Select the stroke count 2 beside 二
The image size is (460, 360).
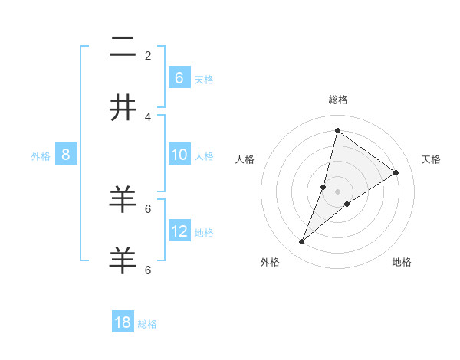point(148,55)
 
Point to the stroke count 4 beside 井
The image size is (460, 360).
point(148,116)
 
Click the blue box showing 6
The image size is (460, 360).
point(179,77)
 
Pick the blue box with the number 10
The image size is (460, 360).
point(179,155)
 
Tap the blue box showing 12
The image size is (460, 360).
point(179,231)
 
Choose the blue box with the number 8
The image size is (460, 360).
point(66,155)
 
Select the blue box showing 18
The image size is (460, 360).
point(123,322)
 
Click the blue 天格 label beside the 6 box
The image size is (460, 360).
point(204,79)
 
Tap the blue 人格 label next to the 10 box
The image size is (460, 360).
point(204,156)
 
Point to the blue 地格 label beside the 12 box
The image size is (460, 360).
point(204,232)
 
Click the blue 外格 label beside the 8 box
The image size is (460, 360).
point(41,156)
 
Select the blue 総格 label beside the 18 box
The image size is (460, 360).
point(147,324)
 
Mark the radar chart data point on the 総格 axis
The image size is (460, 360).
point(337,130)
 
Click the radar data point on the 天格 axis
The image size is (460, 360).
point(396,172)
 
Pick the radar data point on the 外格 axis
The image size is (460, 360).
point(302,242)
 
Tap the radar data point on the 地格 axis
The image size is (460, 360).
point(347,204)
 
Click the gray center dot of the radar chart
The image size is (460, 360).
point(337,191)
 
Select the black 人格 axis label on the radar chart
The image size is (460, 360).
point(245,159)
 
